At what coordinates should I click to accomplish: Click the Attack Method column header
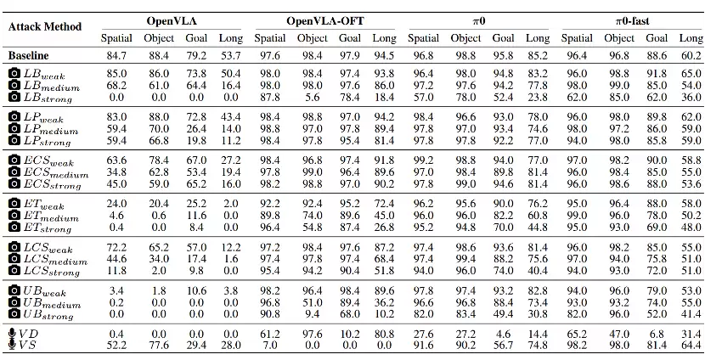click(x=45, y=27)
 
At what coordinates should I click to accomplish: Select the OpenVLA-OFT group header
click(x=325, y=20)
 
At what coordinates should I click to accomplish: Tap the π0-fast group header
click(x=632, y=20)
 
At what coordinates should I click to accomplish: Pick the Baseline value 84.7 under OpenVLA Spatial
click(x=116, y=56)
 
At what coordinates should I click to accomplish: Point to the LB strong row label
click(x=48, y=98)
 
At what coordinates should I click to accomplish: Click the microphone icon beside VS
click(x=13, y=346)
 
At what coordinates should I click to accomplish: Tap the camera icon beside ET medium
click(x=14, y=216)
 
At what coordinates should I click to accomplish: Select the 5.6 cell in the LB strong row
click(x=313, y=97)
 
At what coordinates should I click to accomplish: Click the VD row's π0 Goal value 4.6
click(x=503, y=334)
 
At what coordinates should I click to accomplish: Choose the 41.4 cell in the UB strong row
click(x=691, y=313)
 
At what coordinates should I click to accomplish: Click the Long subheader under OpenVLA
click(x=231, y=39)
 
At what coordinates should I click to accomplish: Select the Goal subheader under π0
click(x=503, y=38)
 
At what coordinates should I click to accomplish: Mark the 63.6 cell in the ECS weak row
click(x=116, y=160)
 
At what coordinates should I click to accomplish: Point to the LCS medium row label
click(x=55, y=259)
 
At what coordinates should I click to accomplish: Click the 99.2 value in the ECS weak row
click(x=423, y=160)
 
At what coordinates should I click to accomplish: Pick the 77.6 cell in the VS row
click(x=159, y=346)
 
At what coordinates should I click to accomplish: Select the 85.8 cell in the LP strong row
click(x=657, y=140)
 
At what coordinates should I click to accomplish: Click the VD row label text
click(x=28, y=334)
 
